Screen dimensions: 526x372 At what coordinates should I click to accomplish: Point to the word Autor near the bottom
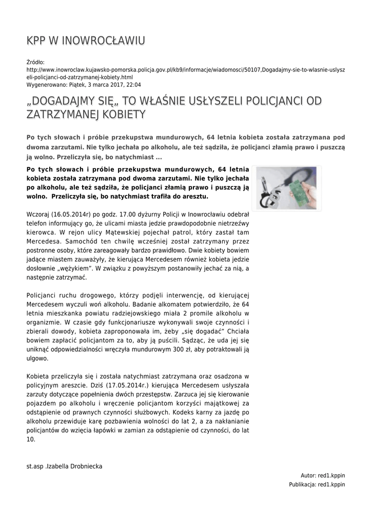(x=309, y=475)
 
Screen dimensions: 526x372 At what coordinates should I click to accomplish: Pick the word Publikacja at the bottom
(x=302, y=484)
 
